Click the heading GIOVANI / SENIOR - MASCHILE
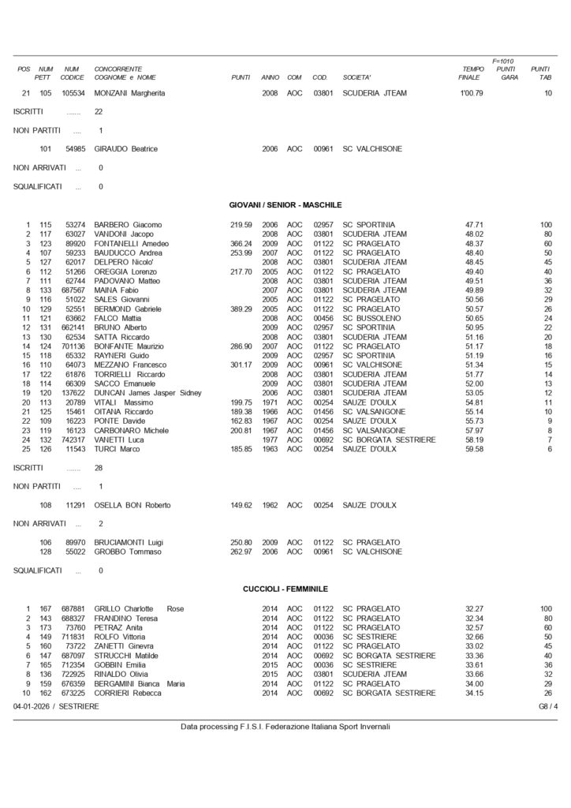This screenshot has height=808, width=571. (x=285, y=204)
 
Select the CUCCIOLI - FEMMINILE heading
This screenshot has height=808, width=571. (x=285, y=589)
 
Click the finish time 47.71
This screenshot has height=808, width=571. (x=474, y=225)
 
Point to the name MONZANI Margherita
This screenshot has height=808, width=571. (x=130, y=93)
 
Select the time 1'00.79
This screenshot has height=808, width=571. (x=472, y=93)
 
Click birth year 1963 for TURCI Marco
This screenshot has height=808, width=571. (x=270, y=449)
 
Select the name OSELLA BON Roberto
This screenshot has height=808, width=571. (x=134, y=505)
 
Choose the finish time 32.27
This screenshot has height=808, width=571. (x=474, y=609)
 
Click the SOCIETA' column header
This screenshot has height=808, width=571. (x=356, y=77)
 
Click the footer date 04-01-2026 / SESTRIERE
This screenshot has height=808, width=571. (x=56, y=706)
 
